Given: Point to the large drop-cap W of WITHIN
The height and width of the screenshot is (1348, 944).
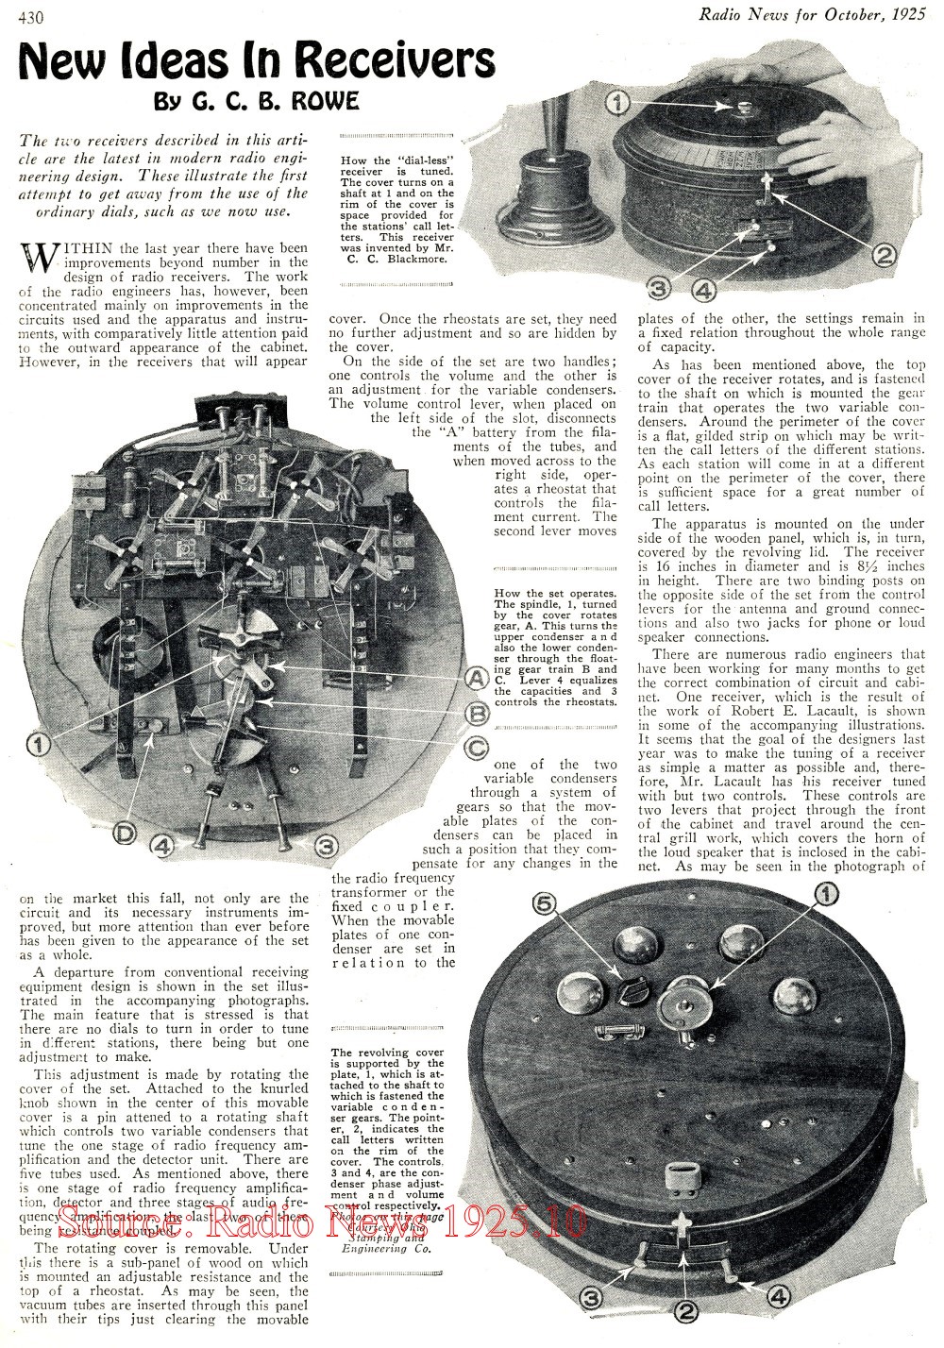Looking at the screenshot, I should pyautogui.click(x=39, y=258).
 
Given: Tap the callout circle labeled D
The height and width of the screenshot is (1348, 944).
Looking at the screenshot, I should pyautogui.click(x=124, y=830).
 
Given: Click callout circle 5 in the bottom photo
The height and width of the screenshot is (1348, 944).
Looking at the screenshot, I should pyautogui.click(x=542, y=905).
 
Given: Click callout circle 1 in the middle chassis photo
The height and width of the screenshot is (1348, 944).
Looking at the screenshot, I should pyautogui.click(x=39, y=745).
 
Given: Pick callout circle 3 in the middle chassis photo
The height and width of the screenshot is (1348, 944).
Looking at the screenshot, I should pyautogui.click(x=326, y=845).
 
